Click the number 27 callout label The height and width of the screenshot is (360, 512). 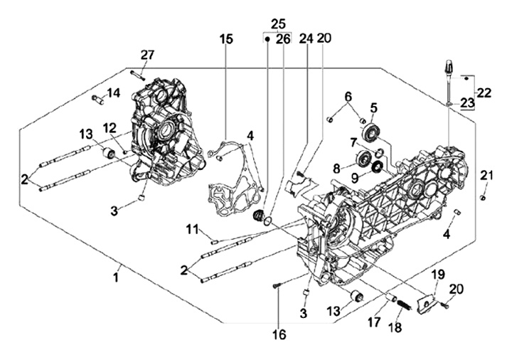coord(147,55)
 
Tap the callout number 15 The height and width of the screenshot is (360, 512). coord(225,39)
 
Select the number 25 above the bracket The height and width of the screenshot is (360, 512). coord(278,23)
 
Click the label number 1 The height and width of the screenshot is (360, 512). coord(115,277)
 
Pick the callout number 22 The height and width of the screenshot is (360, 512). coord(484,92)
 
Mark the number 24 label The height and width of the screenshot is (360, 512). coord(306,39)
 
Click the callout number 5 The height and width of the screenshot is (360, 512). coord(373,108)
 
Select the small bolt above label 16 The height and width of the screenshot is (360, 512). coord(277,286)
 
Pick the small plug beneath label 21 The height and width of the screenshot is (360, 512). coord(483,197)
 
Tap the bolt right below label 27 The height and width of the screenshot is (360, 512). coord(138,75)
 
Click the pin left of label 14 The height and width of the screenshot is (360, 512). coord(97,100)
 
